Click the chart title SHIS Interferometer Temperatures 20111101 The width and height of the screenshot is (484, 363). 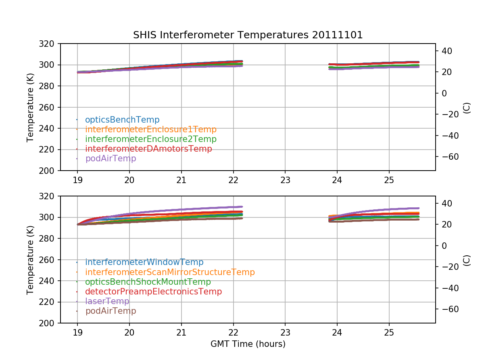tap(248, 35)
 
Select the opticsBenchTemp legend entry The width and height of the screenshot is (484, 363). tap(122, 120)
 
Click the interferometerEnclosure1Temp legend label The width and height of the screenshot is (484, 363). tap(151, 129)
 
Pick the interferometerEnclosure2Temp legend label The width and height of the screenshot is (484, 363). tap(151, 139)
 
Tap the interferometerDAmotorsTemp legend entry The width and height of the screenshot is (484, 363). tap(148, 149)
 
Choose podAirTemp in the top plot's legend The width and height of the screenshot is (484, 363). tap(111, 159)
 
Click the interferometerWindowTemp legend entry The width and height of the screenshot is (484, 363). tap(144, 263)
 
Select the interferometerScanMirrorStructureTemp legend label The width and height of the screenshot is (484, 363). tap(170, 272)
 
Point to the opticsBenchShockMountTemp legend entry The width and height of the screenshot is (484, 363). tap(148, 282)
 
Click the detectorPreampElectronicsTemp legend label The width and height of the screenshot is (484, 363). tap(153, 292)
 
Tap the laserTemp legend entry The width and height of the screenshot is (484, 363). tap(107, 301)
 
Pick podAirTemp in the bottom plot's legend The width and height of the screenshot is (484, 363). tap(111, 311)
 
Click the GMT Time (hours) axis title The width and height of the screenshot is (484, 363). tap(248, 344)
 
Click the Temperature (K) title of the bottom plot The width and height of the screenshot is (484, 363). tap(30, 260)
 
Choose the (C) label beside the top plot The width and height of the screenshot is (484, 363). tap(467, 107)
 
